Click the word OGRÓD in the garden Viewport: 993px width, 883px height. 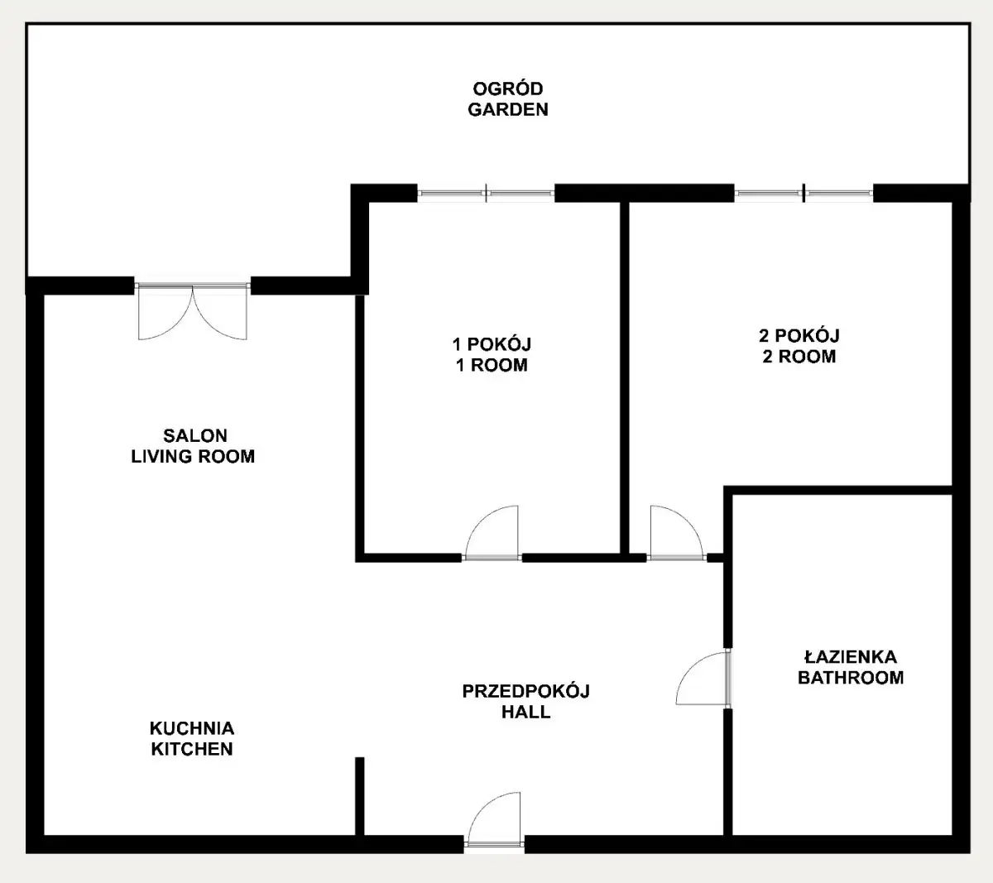508,89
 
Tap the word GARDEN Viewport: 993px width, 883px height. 508,109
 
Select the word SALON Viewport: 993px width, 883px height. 195,435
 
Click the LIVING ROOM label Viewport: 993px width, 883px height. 193,457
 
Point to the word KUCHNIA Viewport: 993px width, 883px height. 192,728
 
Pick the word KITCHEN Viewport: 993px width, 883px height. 192,749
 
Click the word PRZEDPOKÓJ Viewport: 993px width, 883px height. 526,691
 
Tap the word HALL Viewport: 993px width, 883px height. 526,712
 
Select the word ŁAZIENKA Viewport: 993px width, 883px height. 851,656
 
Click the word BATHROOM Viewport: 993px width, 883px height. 851,678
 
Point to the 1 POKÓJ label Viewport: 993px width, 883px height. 492,344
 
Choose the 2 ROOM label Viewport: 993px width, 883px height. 799,357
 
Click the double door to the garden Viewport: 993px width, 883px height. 193,312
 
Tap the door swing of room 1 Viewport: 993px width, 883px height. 491,533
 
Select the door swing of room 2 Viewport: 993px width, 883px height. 676,533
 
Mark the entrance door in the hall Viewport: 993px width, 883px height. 494,820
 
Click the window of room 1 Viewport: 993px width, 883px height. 486,193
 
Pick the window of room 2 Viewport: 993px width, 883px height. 804,193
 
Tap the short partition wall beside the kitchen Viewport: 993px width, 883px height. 360,797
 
